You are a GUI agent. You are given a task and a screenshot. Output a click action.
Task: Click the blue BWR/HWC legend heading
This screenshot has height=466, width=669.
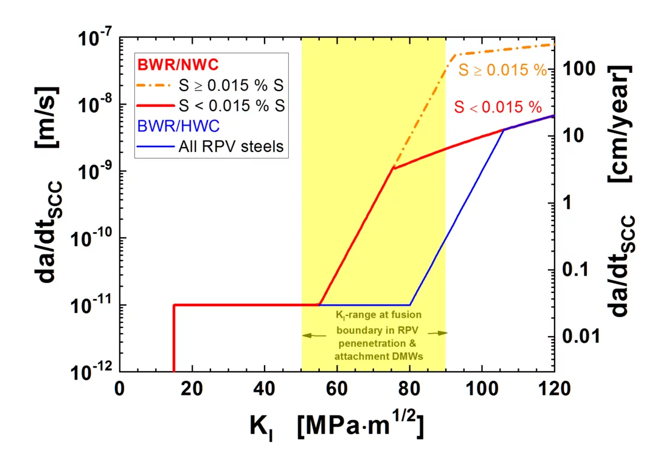click(170, 126)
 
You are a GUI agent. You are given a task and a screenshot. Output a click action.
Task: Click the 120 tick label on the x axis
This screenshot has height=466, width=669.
click(553, 388)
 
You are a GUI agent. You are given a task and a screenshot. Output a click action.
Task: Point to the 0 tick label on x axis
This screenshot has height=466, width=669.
click(120, 388)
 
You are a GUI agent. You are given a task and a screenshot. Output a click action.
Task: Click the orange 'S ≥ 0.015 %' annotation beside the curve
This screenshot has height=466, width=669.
click(502, 70)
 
